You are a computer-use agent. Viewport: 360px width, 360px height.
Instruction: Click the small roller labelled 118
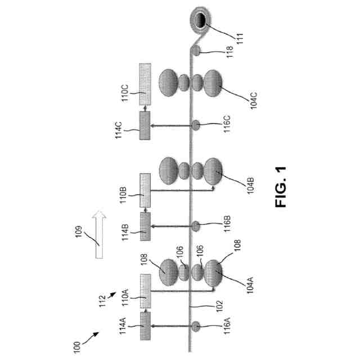pos(196,51)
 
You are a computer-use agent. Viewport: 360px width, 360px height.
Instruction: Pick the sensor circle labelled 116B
pos(196,226)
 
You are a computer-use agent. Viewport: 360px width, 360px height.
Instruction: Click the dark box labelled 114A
pos(146,327)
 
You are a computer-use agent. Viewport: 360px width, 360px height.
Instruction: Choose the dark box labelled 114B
pos(146,227)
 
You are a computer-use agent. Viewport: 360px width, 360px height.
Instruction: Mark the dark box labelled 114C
pos(146,125)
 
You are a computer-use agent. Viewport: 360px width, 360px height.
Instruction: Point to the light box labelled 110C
pos(146,85)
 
